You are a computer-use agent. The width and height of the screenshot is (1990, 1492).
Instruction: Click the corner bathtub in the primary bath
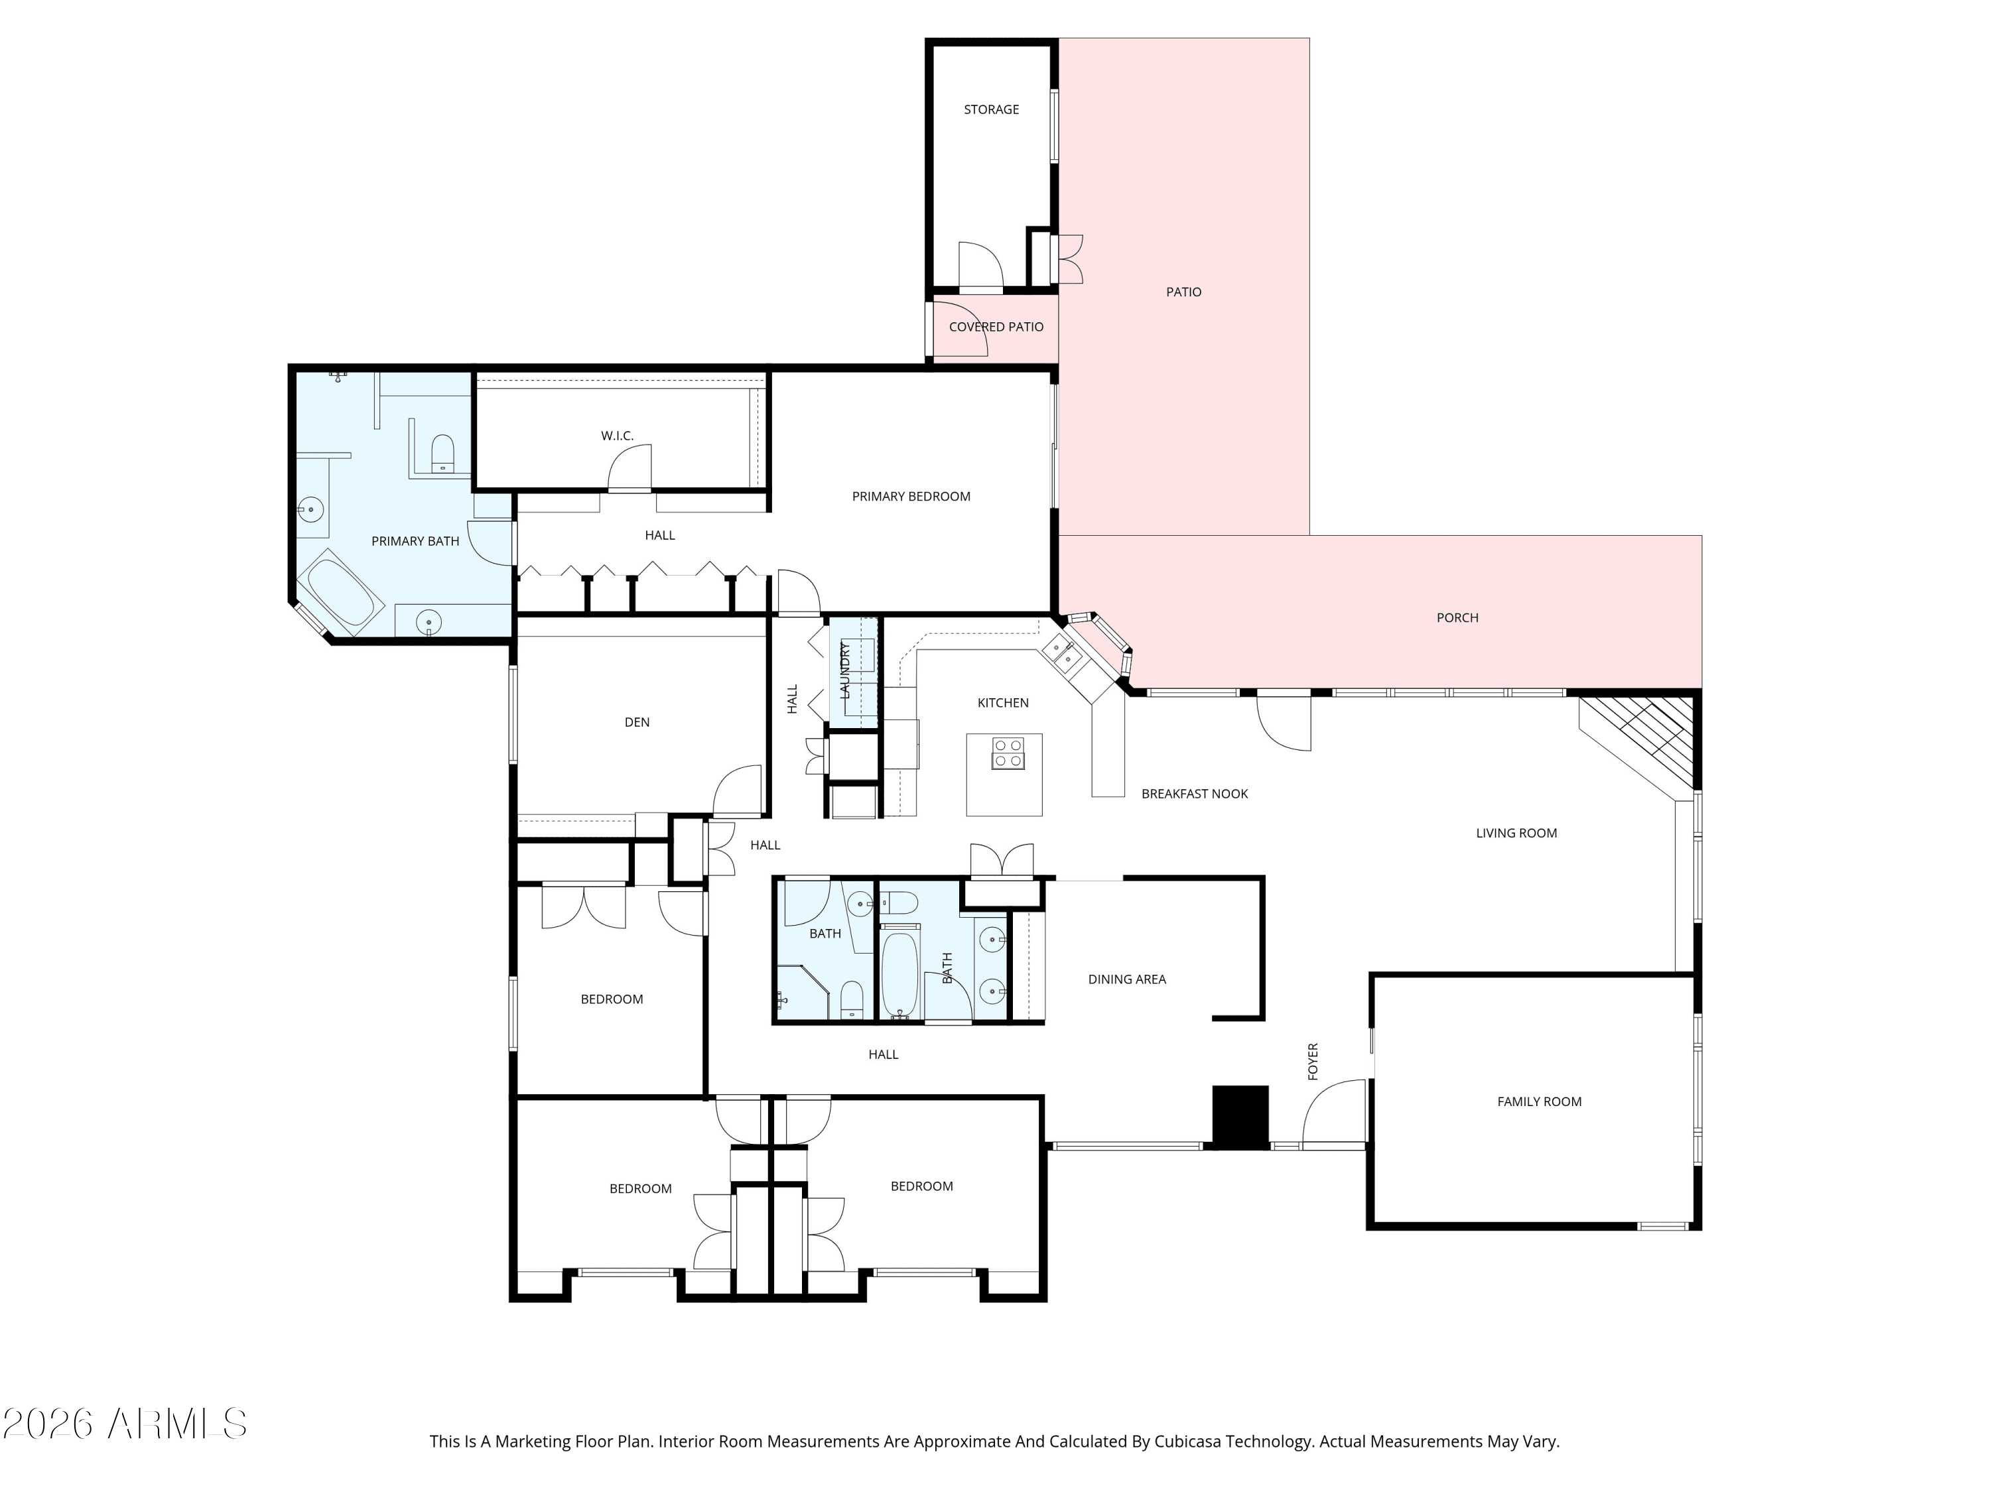pos(342,593)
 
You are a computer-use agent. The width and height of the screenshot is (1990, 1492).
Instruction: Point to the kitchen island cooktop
pos(1008,754)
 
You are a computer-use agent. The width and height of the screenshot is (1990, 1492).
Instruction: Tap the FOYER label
pos(1313,1061)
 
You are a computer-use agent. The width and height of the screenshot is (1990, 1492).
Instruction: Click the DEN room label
pos(637,722)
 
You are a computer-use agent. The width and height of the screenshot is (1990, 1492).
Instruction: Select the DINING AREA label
pos(1126,979)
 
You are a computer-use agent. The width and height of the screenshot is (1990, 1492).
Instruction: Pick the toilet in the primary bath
pos(442,452)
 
